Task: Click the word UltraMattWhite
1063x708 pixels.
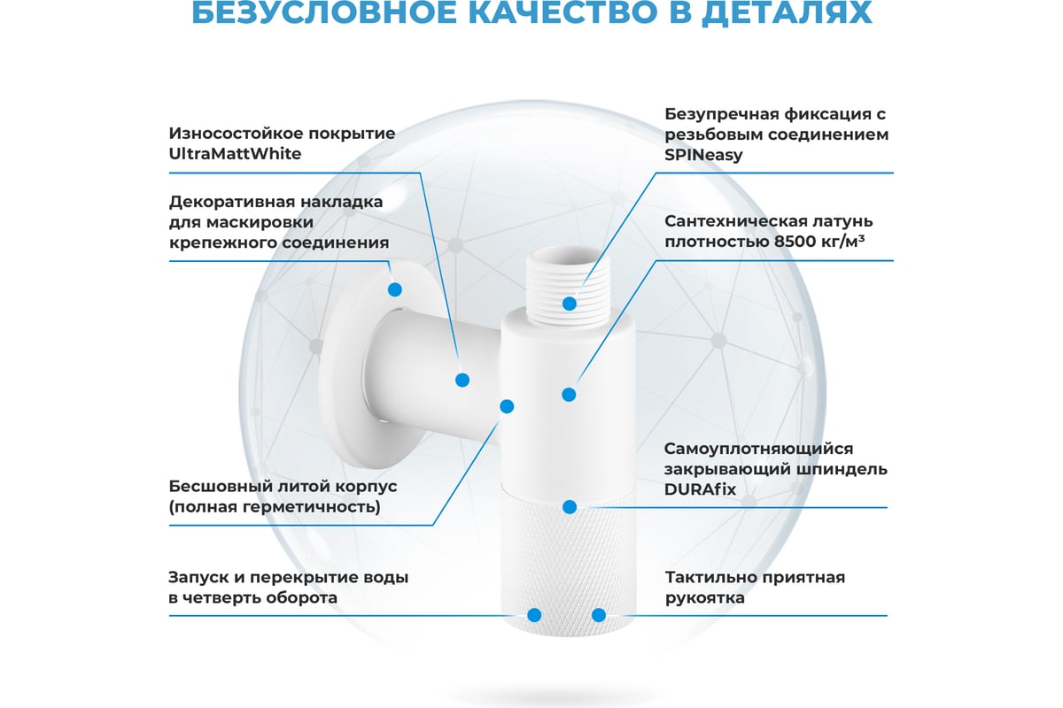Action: tap(235, 154)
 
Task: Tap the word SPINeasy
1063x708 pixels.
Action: tap(703, 155)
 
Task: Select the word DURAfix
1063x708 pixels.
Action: tap(700, 489)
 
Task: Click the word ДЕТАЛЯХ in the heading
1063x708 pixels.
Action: tap(787, 12)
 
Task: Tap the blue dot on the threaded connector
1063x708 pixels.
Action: tap(570, 304)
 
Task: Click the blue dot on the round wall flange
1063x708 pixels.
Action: tap(395, 289)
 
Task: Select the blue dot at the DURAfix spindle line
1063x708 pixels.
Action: tap(570, 507)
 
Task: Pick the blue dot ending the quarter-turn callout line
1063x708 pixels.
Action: tap(534, 616)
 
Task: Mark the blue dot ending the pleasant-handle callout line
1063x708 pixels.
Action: tap(599, 616)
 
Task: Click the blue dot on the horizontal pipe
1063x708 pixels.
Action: tap(462, 380)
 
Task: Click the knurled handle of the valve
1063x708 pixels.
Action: tap(569, 565)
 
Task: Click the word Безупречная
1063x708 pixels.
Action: tap(721, 114)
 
